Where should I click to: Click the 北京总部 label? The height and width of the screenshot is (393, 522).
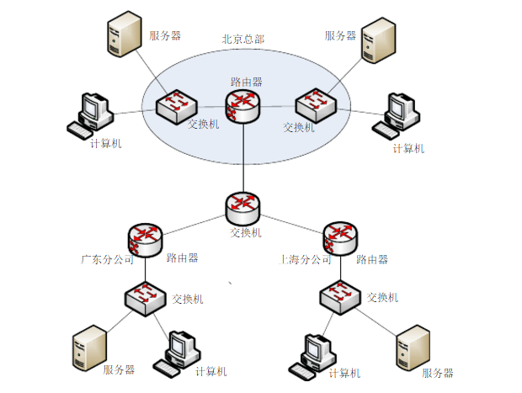(242, 39)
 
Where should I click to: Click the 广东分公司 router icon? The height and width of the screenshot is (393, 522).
(145, 238)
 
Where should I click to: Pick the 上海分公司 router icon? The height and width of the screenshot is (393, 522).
(339, 238)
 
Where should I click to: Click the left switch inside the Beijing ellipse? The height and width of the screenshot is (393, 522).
(178, 103)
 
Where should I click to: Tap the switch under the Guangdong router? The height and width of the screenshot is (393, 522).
(145, 297)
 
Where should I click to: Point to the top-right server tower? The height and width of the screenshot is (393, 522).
(378, 40)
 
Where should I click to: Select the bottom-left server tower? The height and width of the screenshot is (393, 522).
(90, 348)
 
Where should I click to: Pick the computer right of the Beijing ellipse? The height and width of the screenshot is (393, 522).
(398, 114)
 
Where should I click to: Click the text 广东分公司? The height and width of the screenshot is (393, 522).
(108, 260)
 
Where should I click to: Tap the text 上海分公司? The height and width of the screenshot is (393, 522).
(305, 260)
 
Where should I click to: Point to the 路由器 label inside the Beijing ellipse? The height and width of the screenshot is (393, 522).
(247, 82)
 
